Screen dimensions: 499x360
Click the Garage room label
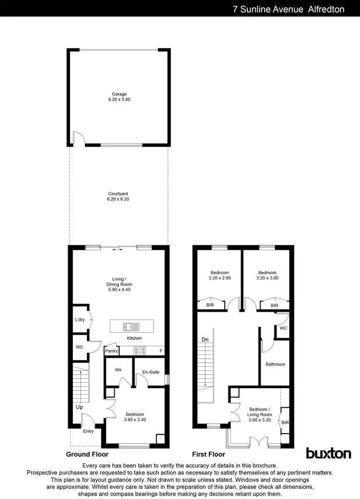pyautogui.click(x=119, y=94)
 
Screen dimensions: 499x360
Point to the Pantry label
pyautogui.click(x=111, y=351)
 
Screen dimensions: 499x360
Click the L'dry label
pyautogui.click(x=80, y=320)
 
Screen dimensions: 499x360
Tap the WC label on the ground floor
pyautogui.click(x=79, y=347)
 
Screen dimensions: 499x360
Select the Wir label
pyautogui.click(x=119, y=370)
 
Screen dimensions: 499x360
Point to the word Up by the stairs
pyautogui.click(x=79, y=407)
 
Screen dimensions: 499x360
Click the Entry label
pyautogui.click(x=89, y=431)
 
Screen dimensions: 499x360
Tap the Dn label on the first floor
pyautogui.click(x=205, y=340)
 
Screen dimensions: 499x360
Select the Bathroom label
pyautogui.click(x=276, y=364)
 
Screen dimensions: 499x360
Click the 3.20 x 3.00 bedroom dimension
pyautogui.click(x=267, y=278)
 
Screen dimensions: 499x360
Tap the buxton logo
pyautogui.click(x=328, y=453)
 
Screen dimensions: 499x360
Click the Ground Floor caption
pyautogui.click(x=87, y=454)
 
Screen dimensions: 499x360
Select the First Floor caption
pyautogui.click(x=208, y=454)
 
